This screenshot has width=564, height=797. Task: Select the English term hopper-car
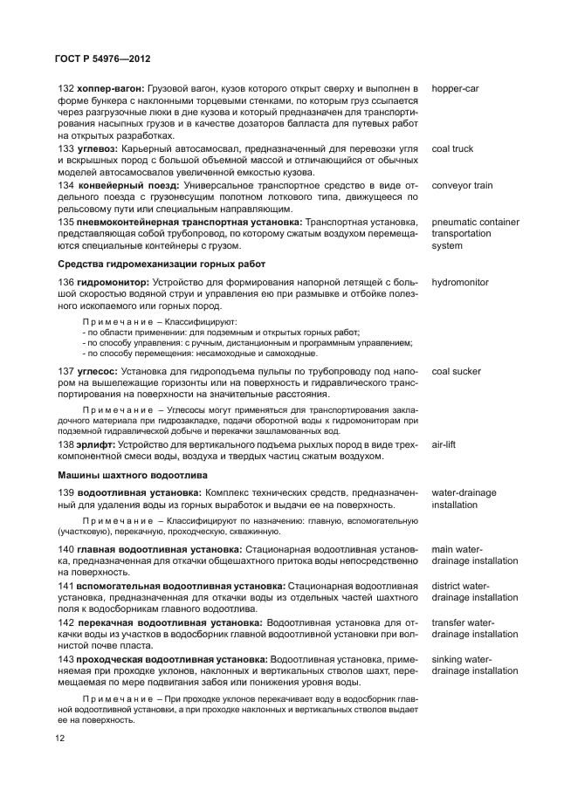tap(456, 89)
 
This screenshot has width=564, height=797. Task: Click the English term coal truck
tap(452, 148)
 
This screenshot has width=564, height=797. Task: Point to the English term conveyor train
tap(462, 185)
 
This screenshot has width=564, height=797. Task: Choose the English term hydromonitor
tap(460, 283)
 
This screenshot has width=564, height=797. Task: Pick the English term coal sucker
tap(456, 371)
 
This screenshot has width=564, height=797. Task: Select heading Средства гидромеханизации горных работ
tap(161, 265)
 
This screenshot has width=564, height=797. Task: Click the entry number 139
tap(66, 493)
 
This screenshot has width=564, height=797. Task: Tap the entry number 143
tap(66, 659)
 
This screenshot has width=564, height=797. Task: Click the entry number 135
tap(66, 222)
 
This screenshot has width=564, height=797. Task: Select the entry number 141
tap(66, 585)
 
